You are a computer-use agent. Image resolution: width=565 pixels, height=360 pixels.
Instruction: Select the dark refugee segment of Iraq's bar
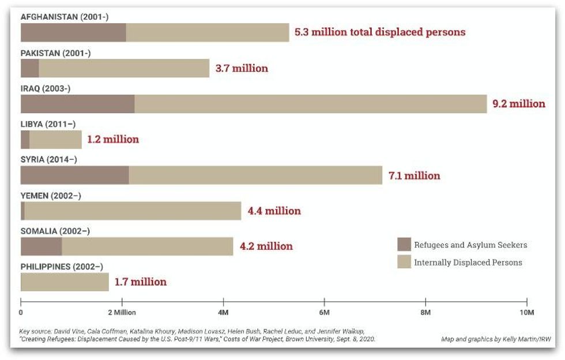77,104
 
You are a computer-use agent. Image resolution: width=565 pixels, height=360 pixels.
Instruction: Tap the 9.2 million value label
518,104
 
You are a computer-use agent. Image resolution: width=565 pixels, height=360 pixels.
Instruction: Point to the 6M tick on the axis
324,312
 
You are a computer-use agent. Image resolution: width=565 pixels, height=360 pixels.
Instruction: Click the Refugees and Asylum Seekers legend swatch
404,245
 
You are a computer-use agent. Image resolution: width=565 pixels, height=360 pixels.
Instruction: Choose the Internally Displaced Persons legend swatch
404,262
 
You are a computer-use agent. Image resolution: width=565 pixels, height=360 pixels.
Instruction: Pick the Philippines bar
65,282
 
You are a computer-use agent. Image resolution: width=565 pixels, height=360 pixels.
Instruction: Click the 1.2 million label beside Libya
113,139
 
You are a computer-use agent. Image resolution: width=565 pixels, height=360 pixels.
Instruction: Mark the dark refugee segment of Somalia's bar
41,246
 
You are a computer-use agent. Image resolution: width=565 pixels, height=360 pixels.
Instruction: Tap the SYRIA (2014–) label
48,160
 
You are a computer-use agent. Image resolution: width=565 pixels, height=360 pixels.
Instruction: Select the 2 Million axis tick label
121,312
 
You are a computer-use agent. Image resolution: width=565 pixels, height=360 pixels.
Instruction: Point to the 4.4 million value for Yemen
274,211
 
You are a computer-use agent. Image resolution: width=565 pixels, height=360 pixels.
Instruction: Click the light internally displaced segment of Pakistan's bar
124,68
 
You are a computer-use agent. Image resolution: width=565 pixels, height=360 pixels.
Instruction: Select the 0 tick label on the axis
21,312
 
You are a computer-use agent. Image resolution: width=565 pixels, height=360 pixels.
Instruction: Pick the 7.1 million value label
414,175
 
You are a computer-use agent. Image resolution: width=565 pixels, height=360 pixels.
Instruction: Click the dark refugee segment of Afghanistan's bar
73,32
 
